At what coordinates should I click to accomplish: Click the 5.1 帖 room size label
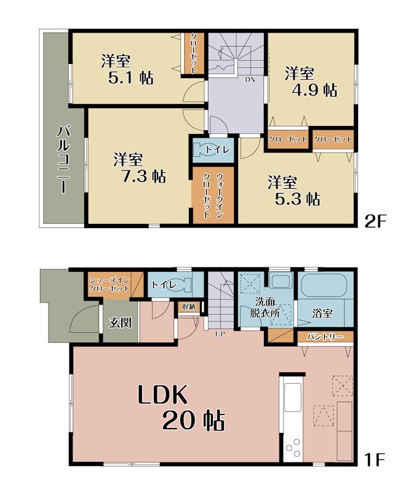[130, 77]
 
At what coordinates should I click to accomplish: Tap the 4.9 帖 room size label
[314, 90]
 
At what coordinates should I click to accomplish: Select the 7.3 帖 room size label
[143, 177]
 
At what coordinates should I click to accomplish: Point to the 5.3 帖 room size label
[297, 199]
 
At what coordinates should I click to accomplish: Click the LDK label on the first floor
[162, 394]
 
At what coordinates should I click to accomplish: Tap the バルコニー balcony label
[63, 159]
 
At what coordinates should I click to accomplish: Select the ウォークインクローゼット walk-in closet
[213, 195]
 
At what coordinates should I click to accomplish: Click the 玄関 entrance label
[120, 322]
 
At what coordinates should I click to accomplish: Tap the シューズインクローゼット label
[110, 284]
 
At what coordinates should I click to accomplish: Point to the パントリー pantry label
[325, 337]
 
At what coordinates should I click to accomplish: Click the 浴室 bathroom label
[322, 313]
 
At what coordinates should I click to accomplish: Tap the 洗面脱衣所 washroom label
[265, 308]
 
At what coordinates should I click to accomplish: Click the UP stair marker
[220, 334]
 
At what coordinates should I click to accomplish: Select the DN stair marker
[250, 79]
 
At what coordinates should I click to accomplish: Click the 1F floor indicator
[374, 460]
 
